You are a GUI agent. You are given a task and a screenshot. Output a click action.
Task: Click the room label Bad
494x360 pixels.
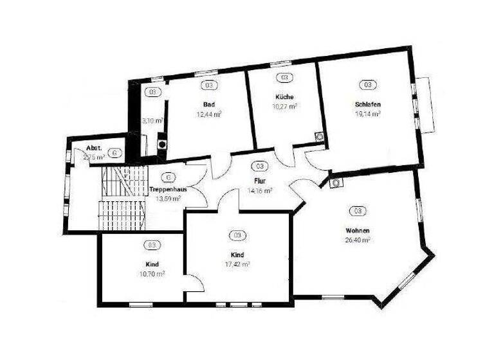click(x=208, y=104)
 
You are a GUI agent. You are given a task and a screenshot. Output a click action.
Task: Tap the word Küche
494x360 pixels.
click(x=284, y=97)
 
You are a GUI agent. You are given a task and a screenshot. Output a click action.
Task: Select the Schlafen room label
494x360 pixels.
click(x=368, y=104)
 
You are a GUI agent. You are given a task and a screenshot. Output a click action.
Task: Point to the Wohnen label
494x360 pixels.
click(x=357, y=230)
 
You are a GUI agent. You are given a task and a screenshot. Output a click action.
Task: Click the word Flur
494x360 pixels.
click(x=261, y=181)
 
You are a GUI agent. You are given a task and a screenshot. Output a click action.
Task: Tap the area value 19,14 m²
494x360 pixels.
click(x=368, y=113)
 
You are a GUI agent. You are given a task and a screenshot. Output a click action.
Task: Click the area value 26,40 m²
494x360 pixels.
click(x=357, y=240)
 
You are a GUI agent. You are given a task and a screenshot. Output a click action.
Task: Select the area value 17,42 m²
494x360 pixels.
click(x=237, y=264)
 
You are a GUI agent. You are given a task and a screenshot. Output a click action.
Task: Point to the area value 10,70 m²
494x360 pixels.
click(x=152, y=273)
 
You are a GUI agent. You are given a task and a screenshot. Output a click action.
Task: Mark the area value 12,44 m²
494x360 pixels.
click(x=209, y=114)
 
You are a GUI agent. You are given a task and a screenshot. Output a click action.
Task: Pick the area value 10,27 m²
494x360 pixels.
click(x=284, y=106)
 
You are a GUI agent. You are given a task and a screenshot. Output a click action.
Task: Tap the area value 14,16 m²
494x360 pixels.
click(x=260, y=190)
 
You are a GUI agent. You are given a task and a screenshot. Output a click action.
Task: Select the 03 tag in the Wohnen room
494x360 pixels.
click(x=357, y=211)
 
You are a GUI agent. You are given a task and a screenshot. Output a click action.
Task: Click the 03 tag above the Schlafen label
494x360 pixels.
click(x=368, y=84)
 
